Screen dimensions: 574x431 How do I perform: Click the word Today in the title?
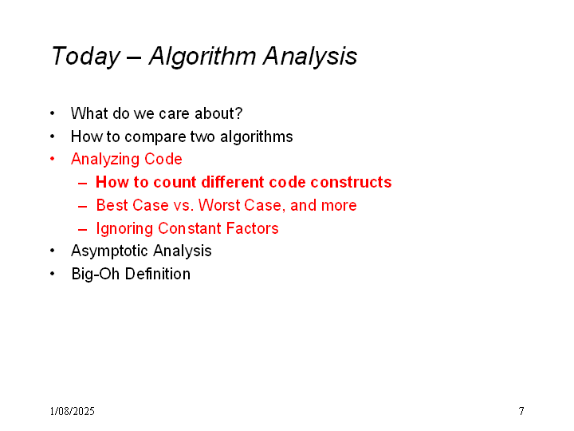click(86, 57)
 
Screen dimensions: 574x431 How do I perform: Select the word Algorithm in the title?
click(202, 56)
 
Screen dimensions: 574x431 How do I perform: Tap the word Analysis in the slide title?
click(310, 57)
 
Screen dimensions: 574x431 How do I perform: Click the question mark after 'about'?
click(238, 113)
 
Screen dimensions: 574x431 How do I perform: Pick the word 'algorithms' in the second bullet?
click(256, 136)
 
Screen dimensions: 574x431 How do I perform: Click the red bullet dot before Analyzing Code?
click(53, 159)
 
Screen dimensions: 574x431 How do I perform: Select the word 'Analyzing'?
click(105, 160)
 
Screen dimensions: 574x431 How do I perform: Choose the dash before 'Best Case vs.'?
click(82, 207)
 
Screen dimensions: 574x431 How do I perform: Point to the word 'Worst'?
click(219, 205)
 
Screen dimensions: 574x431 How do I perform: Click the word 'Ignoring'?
click(124, 229)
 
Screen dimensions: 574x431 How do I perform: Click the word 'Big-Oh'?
click(95, 274)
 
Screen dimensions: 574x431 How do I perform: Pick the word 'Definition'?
click(158, 274)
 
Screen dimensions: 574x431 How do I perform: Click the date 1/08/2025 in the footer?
click(72, 411)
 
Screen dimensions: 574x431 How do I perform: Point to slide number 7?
click(521, 411)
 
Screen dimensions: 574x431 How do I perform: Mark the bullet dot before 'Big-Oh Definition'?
click(53, 274)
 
